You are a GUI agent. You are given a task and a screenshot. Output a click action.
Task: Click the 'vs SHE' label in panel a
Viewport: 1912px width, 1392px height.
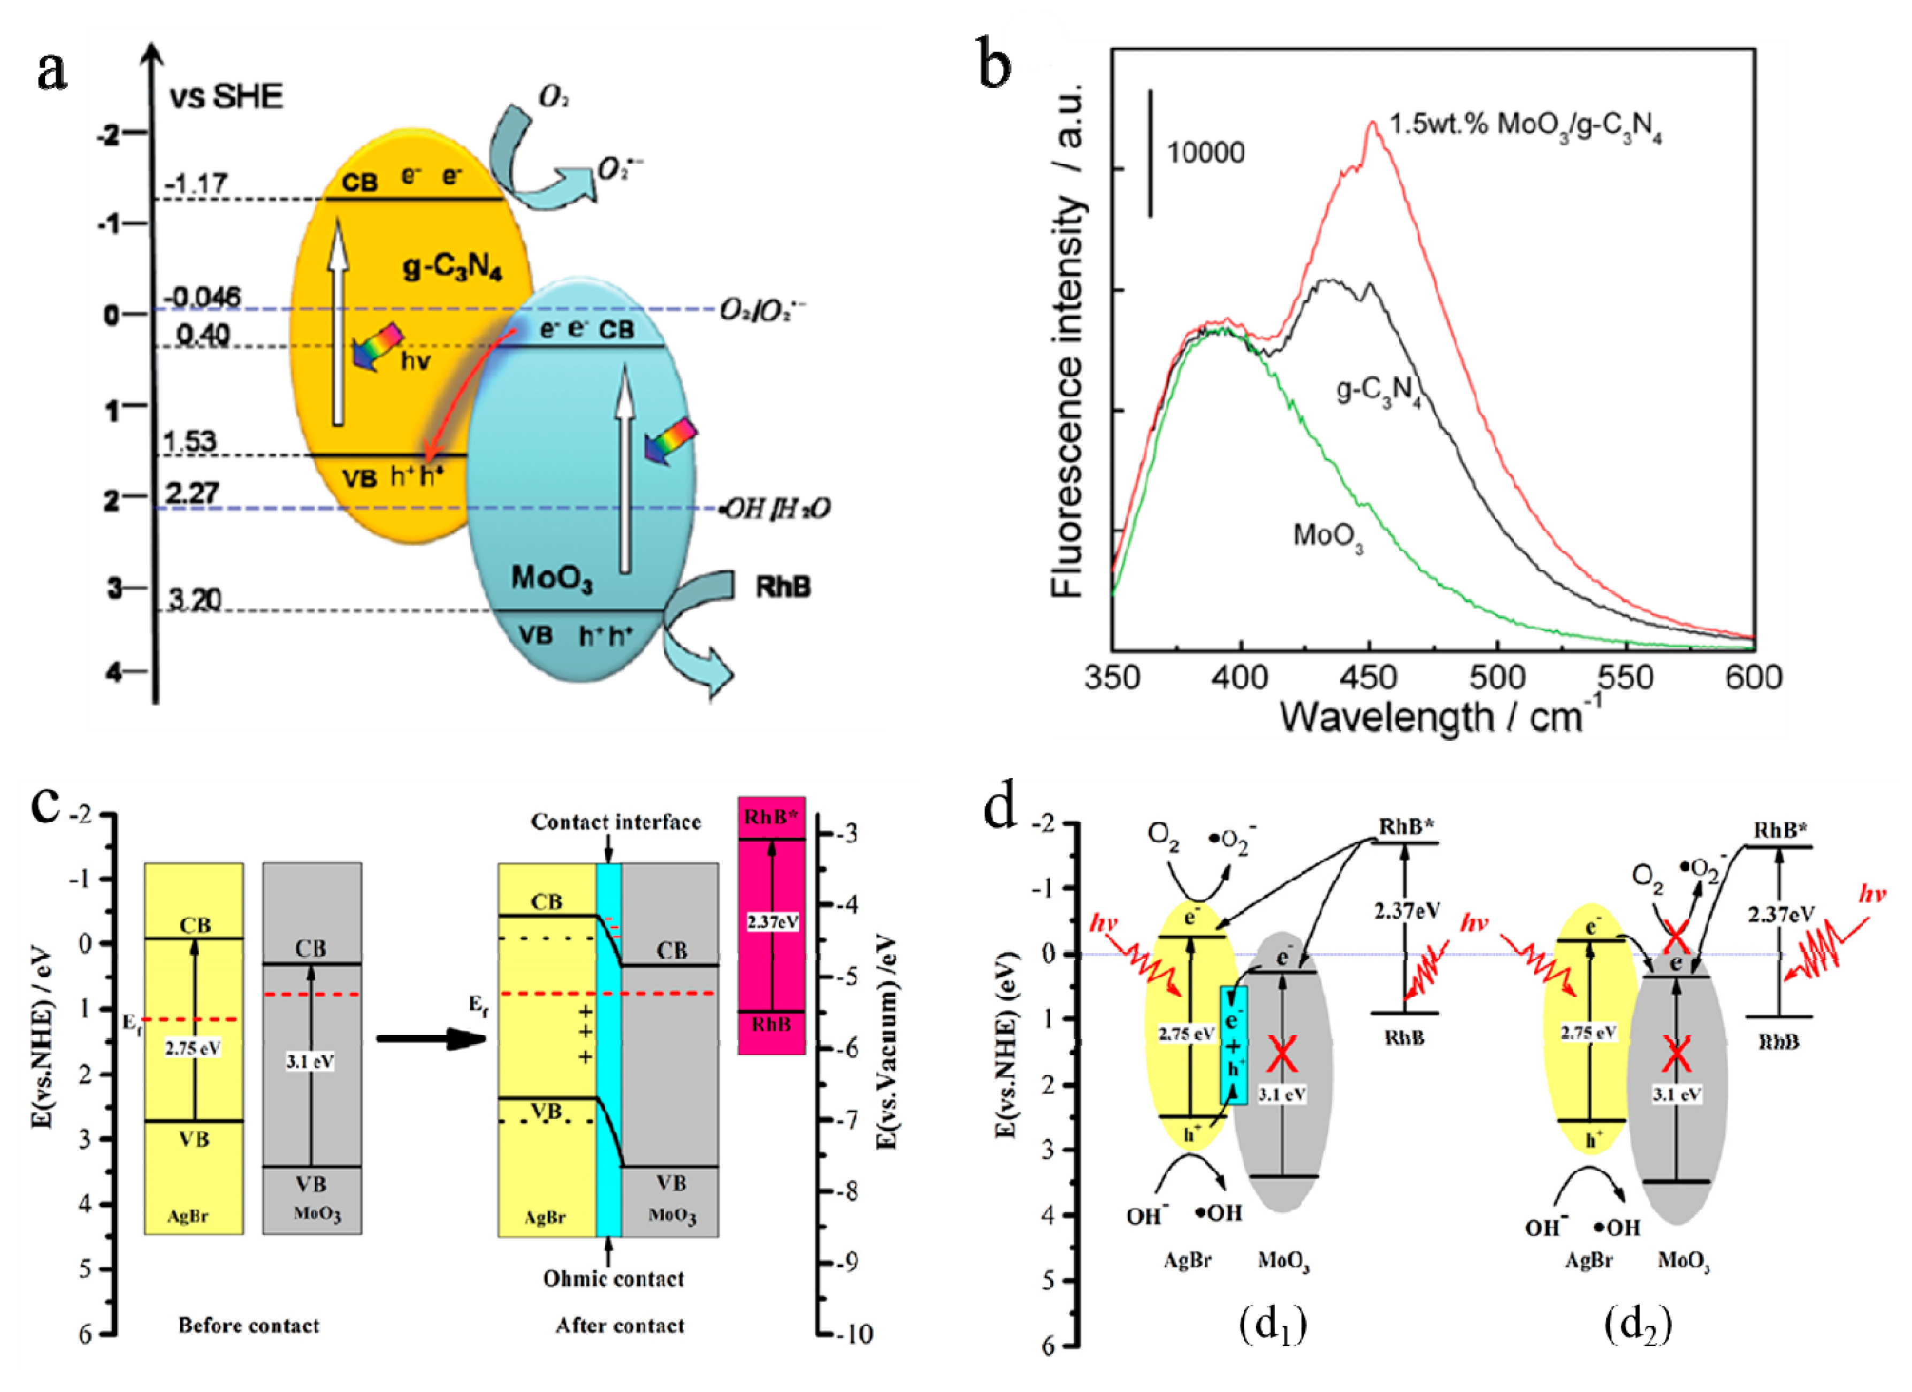click(226, 97)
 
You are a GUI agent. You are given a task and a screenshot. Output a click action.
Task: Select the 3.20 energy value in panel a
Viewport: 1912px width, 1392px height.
click(194, 600)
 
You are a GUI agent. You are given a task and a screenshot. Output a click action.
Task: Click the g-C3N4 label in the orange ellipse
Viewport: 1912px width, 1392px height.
click(453, 267)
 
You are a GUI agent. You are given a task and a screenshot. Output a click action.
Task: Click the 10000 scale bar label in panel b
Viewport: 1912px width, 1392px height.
click(1205, 154)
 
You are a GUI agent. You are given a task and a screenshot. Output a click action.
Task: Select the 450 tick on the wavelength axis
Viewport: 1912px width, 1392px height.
click(1369, 678)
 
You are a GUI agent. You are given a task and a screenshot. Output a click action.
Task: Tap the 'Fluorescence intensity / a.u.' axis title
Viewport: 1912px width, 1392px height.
click(1069, 341)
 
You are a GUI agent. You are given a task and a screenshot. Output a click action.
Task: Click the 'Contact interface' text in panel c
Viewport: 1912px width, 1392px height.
click(615, 822)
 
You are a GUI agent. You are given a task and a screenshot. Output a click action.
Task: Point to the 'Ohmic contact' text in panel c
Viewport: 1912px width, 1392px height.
click(613, 1279)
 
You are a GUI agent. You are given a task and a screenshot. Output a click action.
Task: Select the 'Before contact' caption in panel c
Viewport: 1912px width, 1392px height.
click(249, 1325)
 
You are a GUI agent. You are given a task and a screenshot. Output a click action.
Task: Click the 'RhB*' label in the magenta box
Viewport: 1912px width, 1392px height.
click(770, 817)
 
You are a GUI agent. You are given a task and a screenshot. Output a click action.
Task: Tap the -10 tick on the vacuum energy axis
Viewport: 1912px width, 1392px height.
click(855, 1334)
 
